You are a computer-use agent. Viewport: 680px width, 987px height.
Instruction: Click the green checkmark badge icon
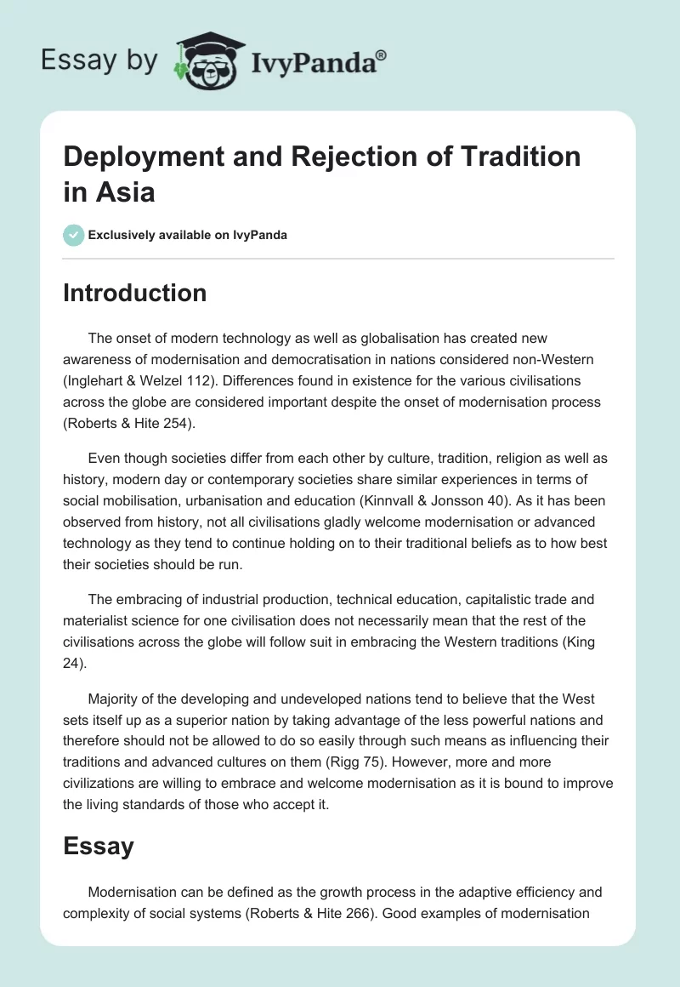pyautogui.click(x=74, y=235)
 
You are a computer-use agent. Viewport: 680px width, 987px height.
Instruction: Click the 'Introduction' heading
pyautogui.click(x=134, y=293)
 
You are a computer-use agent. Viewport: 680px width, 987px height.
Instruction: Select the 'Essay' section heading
pyautogui.click(x=99, y=846)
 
